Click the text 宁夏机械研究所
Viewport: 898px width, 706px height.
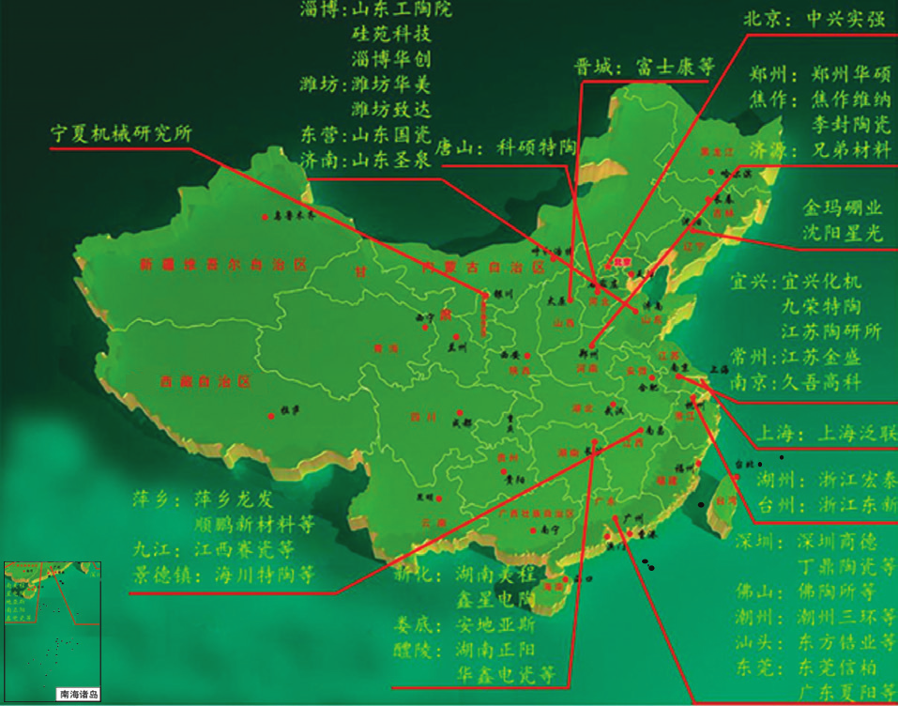tap(121, 133)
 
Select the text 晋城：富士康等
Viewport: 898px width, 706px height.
tap(644, 68)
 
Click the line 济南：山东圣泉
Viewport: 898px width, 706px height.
tap(365, 161)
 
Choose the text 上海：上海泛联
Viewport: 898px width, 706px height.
tap(825, 433)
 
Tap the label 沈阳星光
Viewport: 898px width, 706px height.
tap(843, 232)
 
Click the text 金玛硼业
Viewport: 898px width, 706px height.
tap(843, 207)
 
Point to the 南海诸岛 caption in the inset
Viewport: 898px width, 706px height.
tap(79, 696)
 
